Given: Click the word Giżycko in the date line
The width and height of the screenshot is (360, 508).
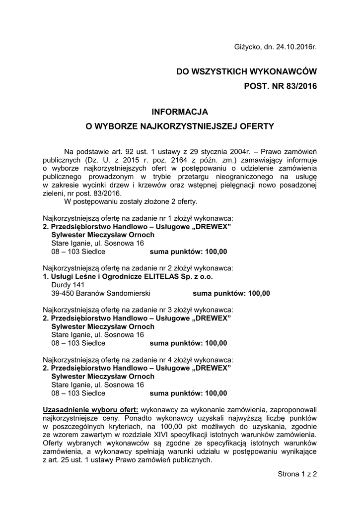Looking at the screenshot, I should click(246, 47).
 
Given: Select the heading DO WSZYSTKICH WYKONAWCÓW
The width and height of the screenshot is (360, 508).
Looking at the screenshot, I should click(246, 72).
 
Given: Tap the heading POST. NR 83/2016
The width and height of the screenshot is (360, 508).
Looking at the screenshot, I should click(281, 86).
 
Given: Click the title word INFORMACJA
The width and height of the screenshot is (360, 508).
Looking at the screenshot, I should click(180, 112).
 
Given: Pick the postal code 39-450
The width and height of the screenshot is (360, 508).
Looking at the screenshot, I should click(63, 293).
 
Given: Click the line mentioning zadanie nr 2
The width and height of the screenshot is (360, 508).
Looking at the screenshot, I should click(138, 268).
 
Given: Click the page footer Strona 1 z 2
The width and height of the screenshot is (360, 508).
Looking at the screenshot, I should click(297, 474).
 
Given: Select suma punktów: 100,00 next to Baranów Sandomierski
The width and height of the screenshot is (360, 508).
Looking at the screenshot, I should click(231, 293).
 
